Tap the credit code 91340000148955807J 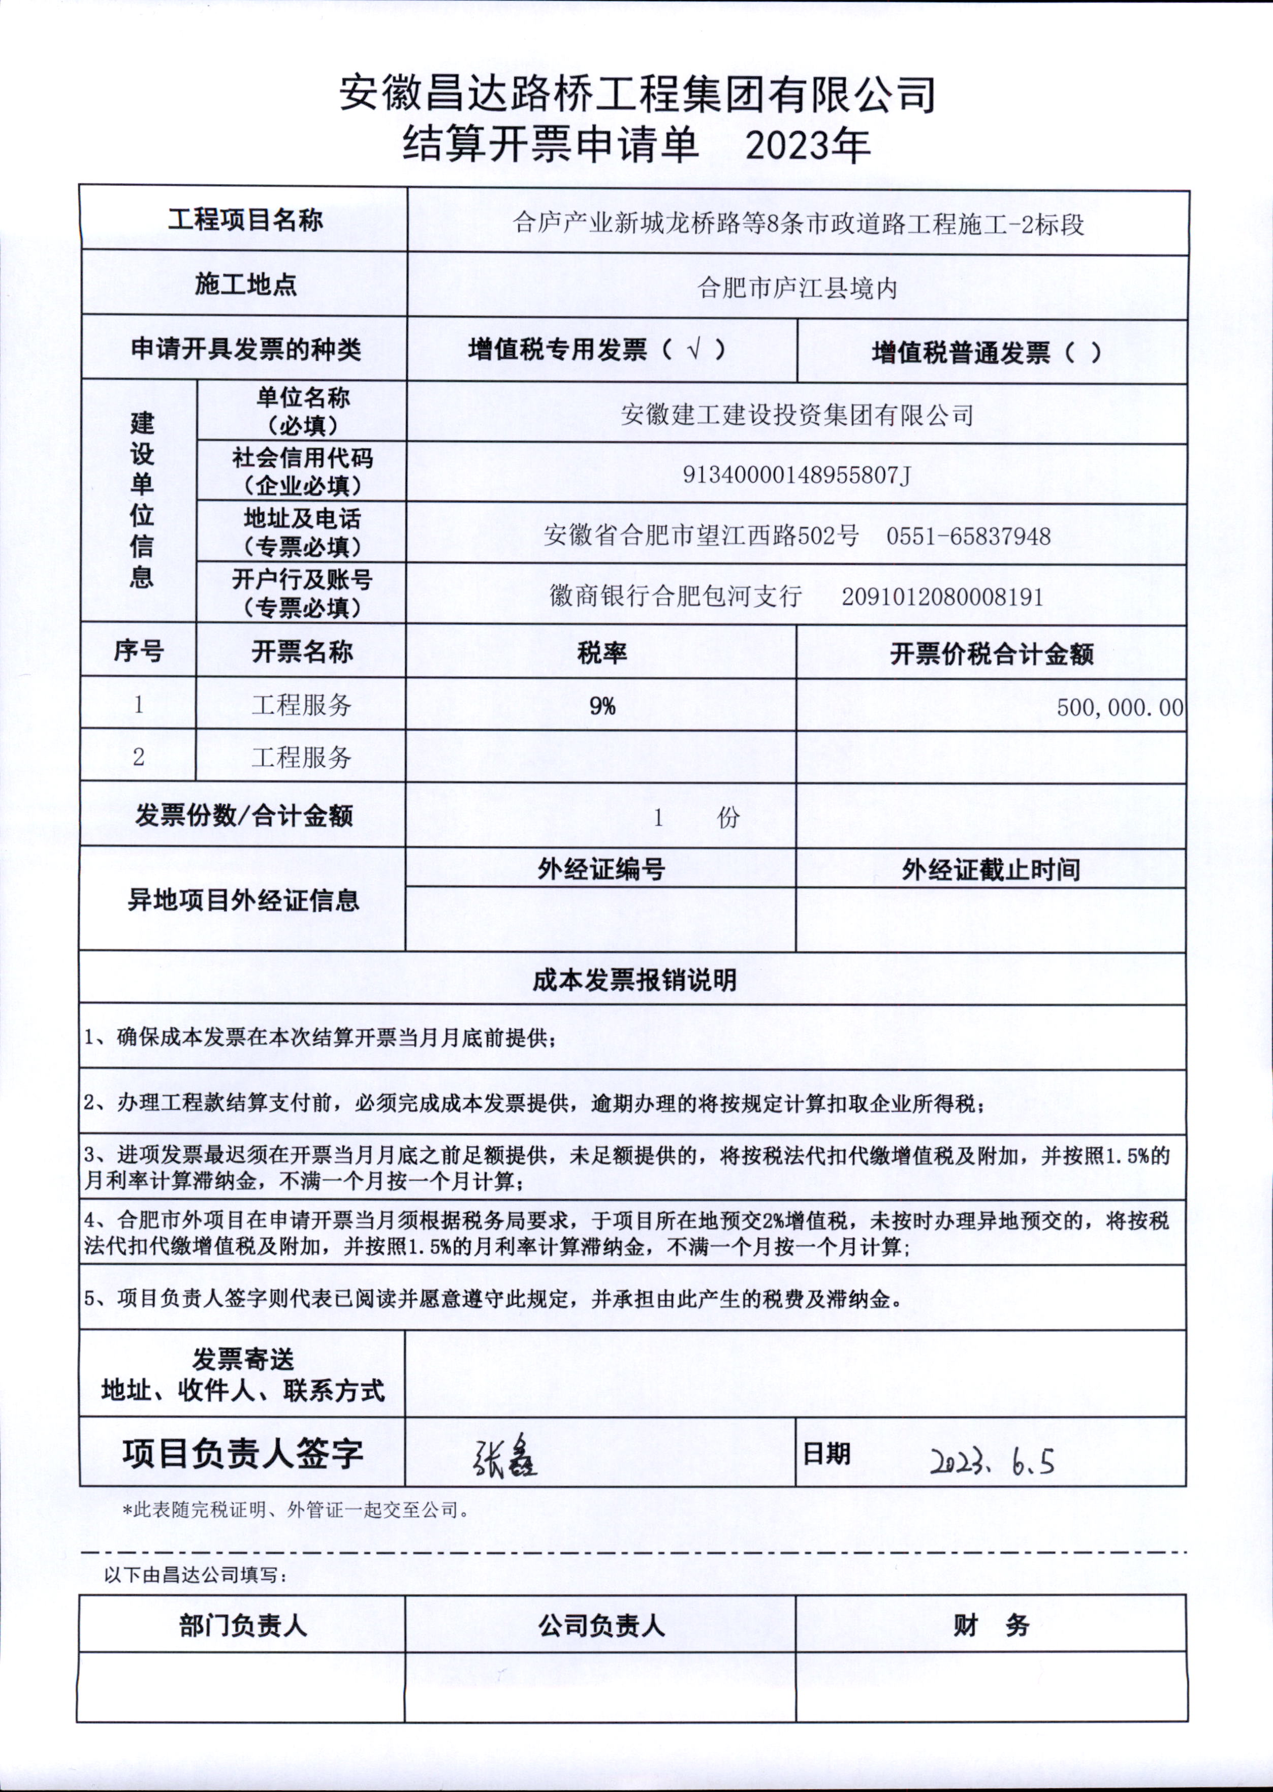pos(797,475)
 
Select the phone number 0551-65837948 pos(968,536)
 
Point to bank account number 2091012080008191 pos(942,598)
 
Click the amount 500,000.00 pos(1120,708)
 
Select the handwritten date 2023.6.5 pos(992,1461)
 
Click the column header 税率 pos(601,653)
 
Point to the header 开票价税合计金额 pos(992,654)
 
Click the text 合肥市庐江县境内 pos(797,289)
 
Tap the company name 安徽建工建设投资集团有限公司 pos(797,414)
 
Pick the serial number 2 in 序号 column pos(139,757)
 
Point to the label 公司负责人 pos(601,1626)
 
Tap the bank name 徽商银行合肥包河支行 pos(676,598)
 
